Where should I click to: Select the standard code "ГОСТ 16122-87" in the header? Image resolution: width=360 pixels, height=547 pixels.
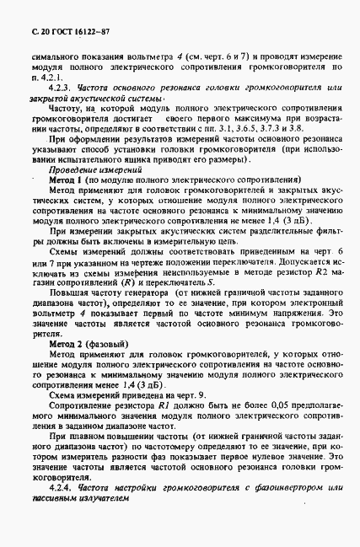pos(73,30)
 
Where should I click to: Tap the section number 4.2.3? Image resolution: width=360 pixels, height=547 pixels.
pos(62,87)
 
